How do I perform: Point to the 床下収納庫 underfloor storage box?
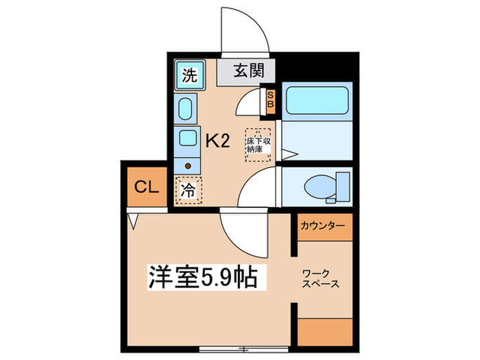click(259, 144)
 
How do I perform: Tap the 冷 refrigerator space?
click(187, 190)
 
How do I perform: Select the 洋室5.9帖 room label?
click(203, 278)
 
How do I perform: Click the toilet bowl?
click(320, 185)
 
